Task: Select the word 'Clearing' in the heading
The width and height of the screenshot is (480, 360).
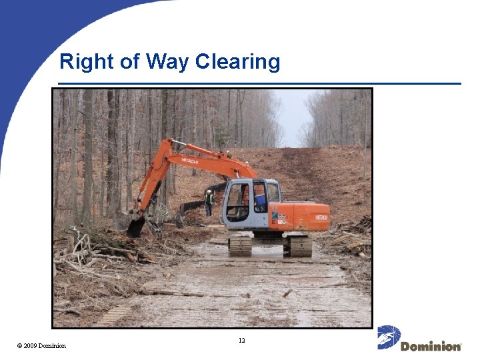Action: click(238, 63)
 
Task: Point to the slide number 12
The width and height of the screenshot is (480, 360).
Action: click(241, 341)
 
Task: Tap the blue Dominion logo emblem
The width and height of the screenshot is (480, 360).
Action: click(389, 337)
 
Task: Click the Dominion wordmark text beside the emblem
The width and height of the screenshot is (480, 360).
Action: click(431, 346)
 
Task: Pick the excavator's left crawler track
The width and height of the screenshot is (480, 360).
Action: click(240, 246)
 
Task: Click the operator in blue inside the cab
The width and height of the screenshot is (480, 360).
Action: click(260, 199)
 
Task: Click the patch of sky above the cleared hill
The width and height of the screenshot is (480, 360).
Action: click(293, 113)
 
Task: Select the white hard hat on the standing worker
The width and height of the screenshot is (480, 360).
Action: click(209, 192)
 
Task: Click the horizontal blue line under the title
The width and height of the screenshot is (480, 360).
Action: click(260, 84)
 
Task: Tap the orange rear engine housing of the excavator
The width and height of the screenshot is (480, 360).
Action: click(307, 216)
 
